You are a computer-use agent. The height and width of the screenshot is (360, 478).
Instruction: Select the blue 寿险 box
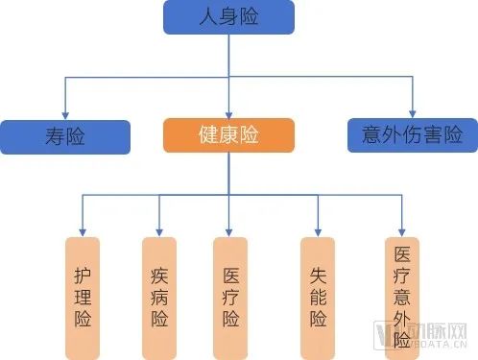click(65, 137)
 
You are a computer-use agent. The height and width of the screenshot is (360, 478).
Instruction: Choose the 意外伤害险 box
click(412, 135)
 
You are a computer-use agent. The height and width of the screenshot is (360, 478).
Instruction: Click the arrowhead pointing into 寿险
click(64, 114)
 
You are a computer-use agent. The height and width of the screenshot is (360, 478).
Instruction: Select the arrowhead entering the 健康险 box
click(227, 112)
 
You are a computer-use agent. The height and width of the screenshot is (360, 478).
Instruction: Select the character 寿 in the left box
click(55, 137)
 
